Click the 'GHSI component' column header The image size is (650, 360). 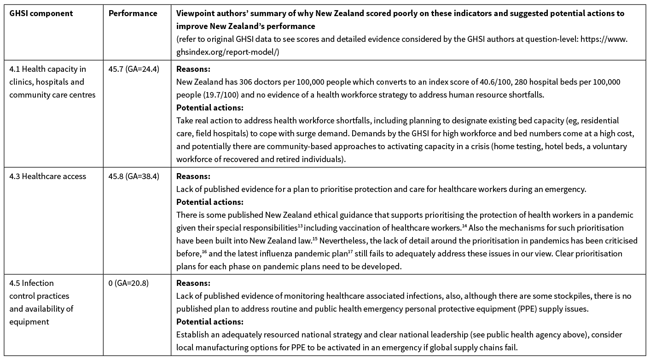(x=41, y=13)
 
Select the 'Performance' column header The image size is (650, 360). (x=133, y=13)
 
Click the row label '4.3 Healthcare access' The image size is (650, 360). (x=47, y=176)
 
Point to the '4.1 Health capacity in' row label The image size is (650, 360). (x=47, y=70)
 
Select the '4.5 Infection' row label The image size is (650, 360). (x=31, y=283)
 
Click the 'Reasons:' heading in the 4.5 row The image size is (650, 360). (x=193, y=283)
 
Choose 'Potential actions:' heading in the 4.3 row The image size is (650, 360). (x=209, y=202)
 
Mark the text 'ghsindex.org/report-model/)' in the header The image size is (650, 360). (x=227, y=52)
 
